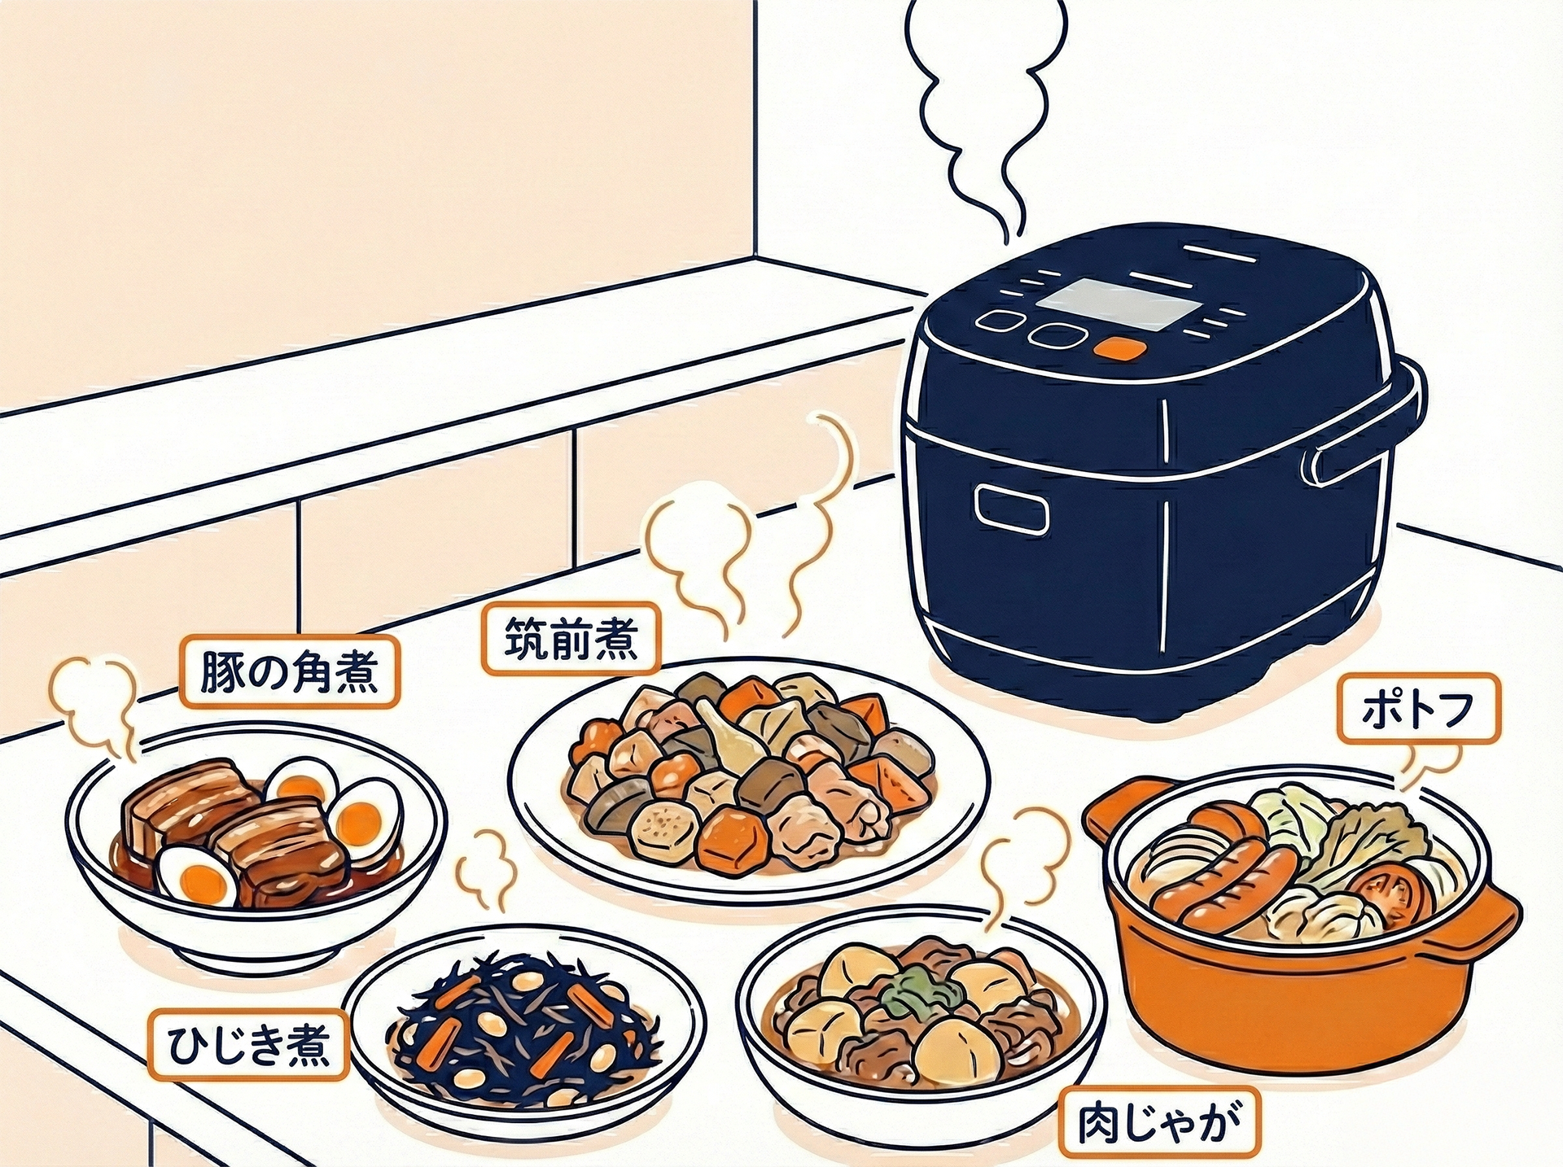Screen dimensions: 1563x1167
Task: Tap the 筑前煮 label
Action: point(571,637)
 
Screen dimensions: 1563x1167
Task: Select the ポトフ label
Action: point(1417,709)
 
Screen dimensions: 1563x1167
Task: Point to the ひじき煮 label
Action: point(248,1047)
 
